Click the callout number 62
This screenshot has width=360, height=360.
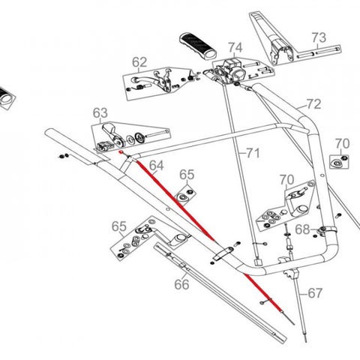pyautogui.click(x=139, y=62)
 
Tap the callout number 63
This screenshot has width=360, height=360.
pyautogui.click(x=100, y=113)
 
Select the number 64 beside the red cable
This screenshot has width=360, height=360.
pyautogui.click(x=157, y=166)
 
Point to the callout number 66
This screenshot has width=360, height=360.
pyautogui.click(x=181, y=284)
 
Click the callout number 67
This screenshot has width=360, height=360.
pyautogui.click(x=315, y=293)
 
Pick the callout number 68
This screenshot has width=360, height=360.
pyautogui.click(x=303, y=229)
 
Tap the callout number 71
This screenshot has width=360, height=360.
pyautogui.click(x=253, y=153)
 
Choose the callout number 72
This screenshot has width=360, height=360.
pyautogui.click(x=313, y=104)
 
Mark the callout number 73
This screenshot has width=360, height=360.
pyautogui.click(x=319, y=37)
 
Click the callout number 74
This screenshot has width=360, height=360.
pyautogui.click(x=235, y=47)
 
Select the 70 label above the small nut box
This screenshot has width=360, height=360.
pyautogui.click(x=342, y=144)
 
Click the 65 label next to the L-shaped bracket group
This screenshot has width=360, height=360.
pyautogui.click(x=118, y=226)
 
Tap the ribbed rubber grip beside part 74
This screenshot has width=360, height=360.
pyautogui.click(x=198, y=46)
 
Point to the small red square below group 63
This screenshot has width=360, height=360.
pyautogui.click(x=121, y=152)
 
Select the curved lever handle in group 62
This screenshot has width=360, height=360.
pyautogui.click(x=145, y=82)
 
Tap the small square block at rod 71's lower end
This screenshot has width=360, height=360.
pyautogui.click(x=258, y=262)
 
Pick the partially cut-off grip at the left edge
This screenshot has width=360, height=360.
pyautogui.click(x=6, y=97)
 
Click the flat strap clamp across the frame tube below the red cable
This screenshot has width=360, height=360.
pyautogui.click(x=223, y=253)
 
